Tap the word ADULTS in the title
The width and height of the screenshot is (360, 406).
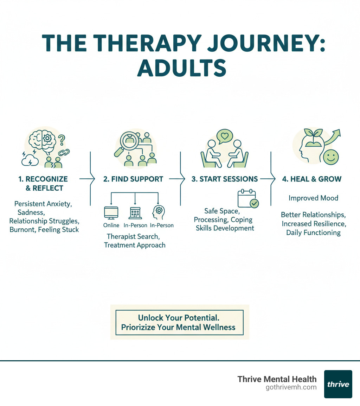181,68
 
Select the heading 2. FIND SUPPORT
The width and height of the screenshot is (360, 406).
133,179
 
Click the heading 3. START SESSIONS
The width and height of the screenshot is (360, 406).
225,179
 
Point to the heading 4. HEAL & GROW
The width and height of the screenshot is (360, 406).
311,179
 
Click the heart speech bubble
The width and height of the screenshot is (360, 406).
225,135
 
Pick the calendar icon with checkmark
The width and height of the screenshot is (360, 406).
247,198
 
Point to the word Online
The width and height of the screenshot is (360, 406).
111,225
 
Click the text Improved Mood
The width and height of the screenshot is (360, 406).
313,198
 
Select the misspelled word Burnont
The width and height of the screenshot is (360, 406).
22,230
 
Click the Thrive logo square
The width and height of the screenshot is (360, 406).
338,384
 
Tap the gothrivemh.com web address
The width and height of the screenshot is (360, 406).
291,387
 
